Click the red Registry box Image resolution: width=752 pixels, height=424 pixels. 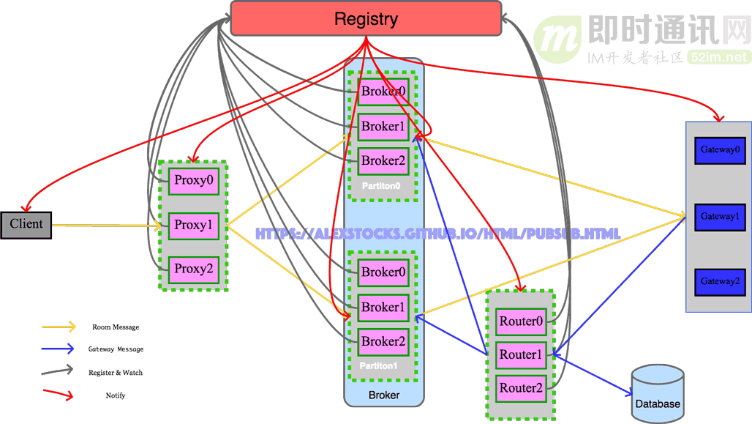[x=366, y=18]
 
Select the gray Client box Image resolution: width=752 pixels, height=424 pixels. [x=26, y=224]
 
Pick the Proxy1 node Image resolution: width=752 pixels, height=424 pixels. [x=194, y=226]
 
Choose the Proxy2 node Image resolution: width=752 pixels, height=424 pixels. [x=194, y=269]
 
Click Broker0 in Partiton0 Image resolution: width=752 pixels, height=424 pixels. [x=383, y=92]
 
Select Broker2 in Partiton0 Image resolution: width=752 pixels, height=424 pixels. [x=383, y=161]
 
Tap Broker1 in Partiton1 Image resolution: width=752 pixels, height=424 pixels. [x=383, y=308]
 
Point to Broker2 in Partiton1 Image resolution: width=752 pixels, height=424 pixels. [x=383, y=342]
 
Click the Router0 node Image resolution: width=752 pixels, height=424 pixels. [x=521, y=321]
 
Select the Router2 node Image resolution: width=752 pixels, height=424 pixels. [x=521, y=388]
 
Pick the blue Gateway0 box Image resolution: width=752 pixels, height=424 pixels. [x=720, y=150]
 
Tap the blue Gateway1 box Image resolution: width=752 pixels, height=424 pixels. [x=720, y=217]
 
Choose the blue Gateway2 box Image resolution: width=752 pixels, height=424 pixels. [x=720, y=282]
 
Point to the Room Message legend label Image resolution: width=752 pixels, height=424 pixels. [x=116, y=327]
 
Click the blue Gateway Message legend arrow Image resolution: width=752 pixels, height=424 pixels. [x=59, y=349]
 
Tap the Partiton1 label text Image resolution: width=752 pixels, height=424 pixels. [x=379, y=365]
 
